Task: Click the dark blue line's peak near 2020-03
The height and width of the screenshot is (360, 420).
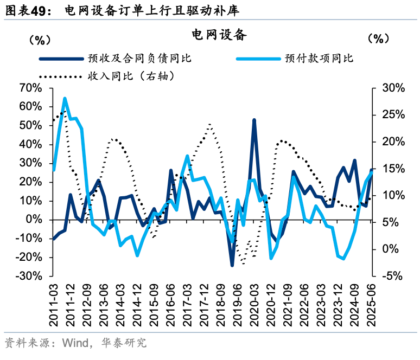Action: (x=254, y=120)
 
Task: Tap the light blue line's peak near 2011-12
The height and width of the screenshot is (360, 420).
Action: (x=65, y=99)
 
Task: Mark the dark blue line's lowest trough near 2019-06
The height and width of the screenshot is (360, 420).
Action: (x=232, y=265)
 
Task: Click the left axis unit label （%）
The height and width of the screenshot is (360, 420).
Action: (x=39, y=39)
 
